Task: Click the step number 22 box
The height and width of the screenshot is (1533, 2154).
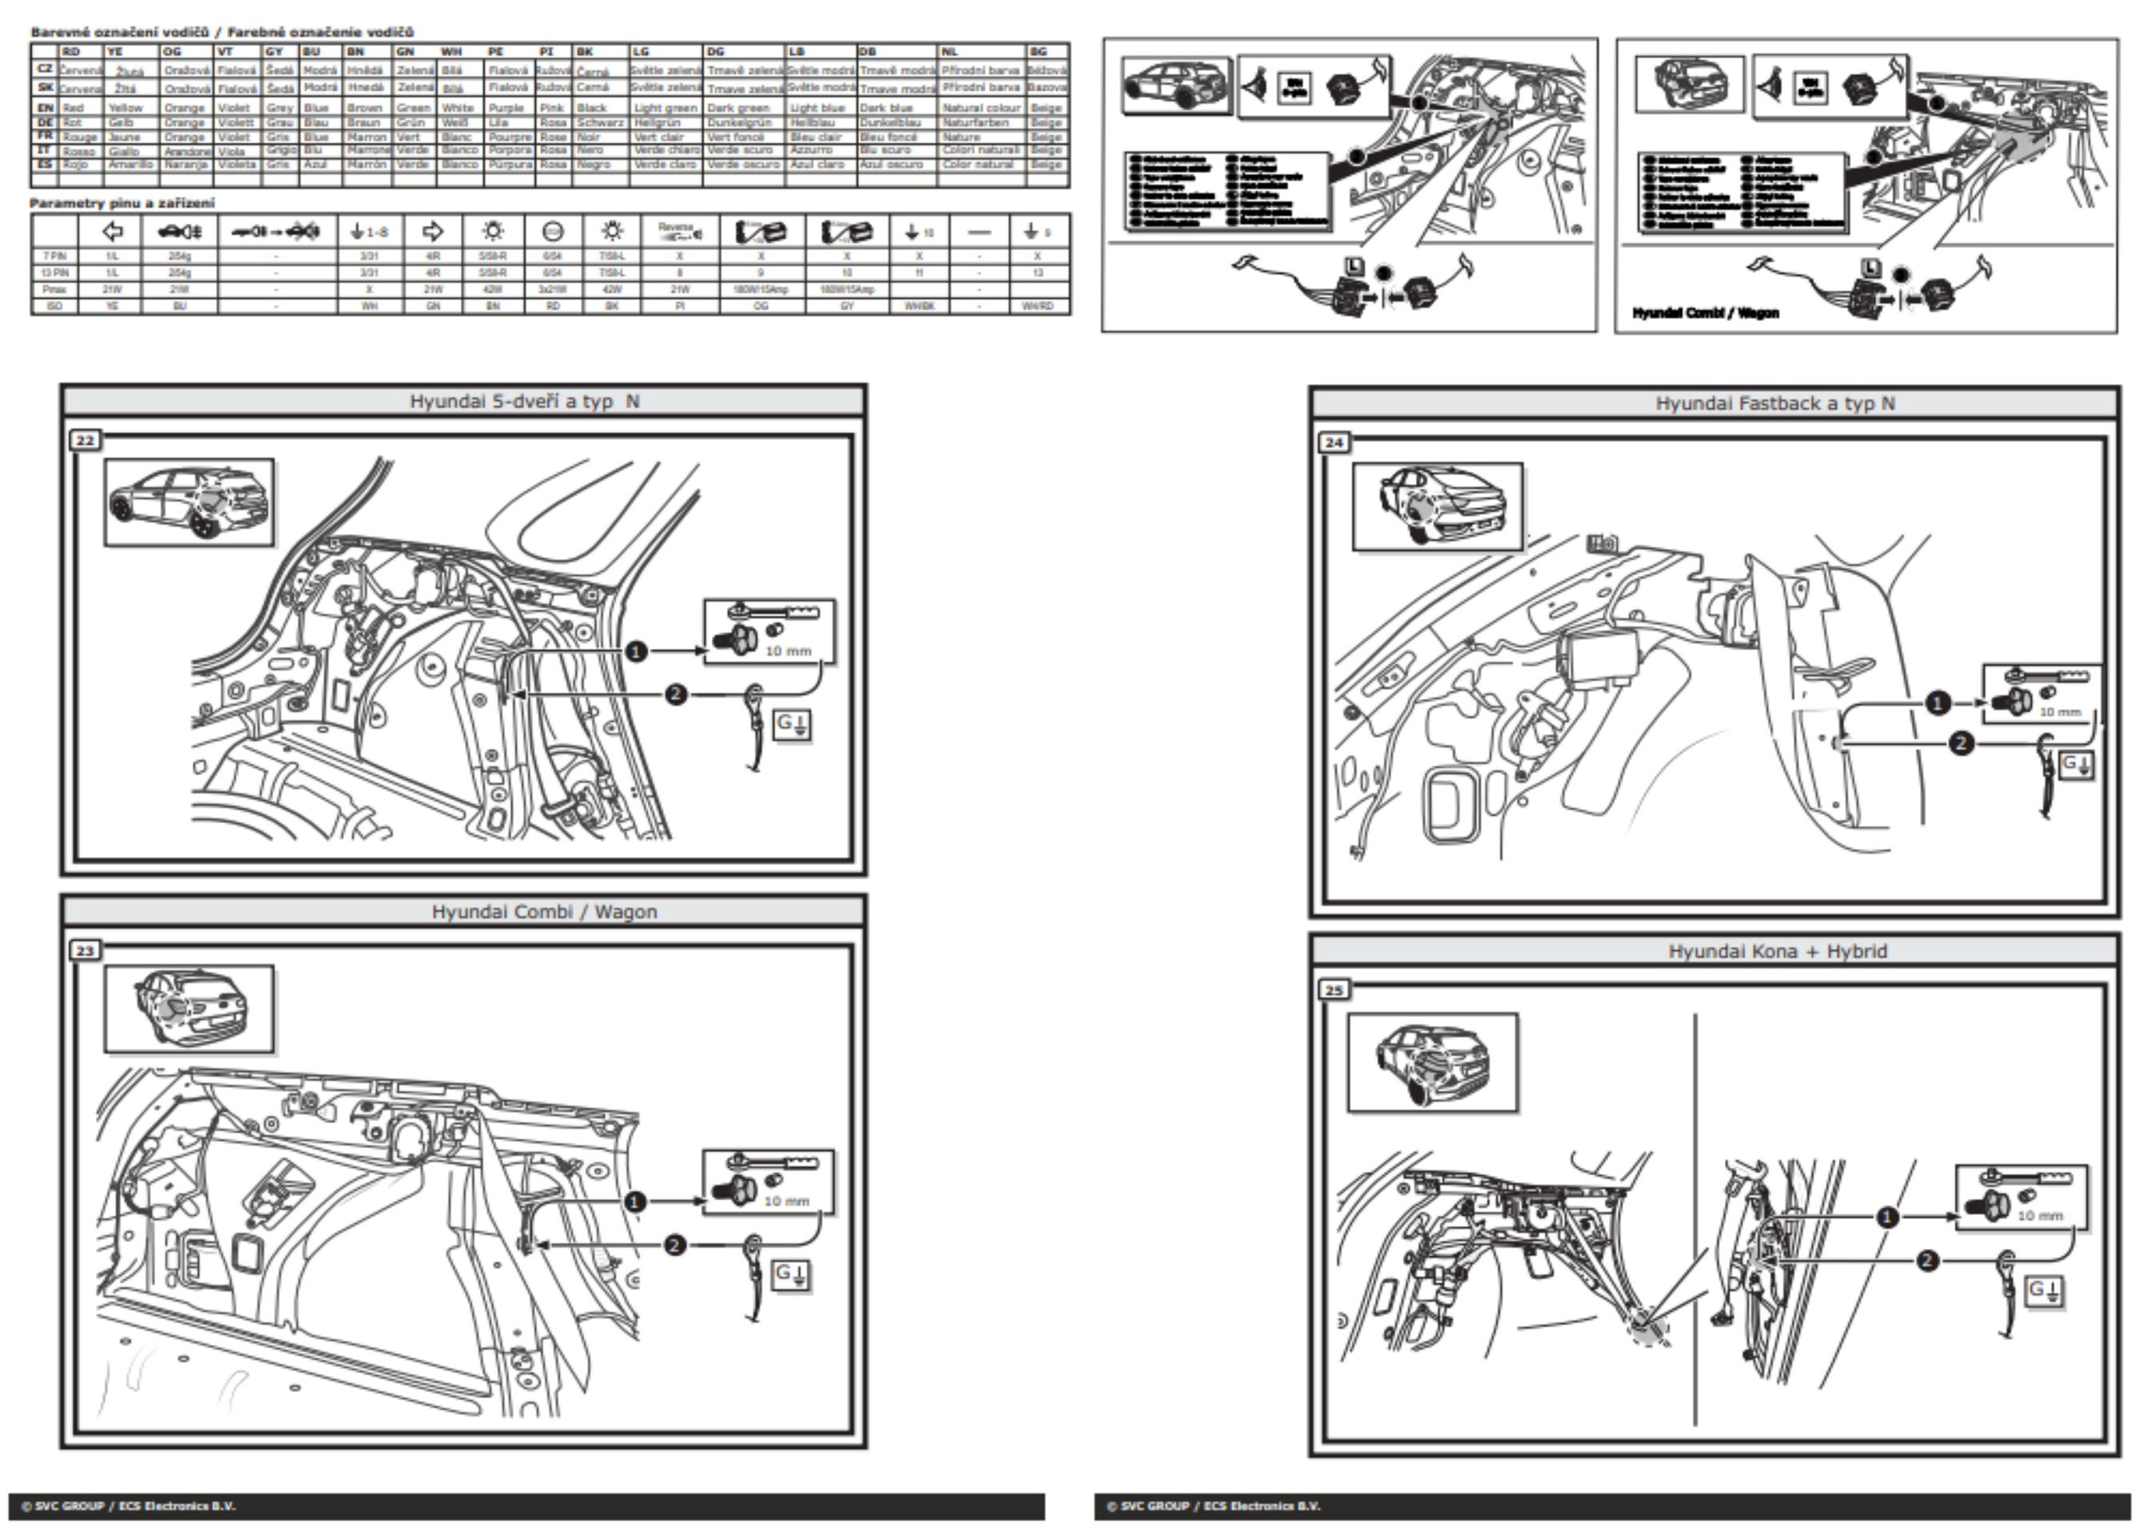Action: (85, 441)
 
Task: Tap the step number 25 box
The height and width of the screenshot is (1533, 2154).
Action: (1333, 990)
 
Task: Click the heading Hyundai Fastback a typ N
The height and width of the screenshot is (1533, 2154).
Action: (1774, 404)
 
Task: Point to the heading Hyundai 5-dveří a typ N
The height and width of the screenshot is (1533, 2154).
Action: (524, 401)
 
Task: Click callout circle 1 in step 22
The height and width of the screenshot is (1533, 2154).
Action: (637, 652)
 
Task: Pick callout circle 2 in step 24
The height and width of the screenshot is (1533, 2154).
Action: (1961, 744)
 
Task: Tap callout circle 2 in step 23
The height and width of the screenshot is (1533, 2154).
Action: (674, 1246)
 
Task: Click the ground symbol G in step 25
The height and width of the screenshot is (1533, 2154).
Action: (2045, 1290)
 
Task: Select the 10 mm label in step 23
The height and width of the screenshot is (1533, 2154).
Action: (787, 1201)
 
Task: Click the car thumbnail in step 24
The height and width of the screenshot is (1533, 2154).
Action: (1437, 507)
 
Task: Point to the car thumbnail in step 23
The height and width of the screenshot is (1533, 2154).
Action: (189, 1008)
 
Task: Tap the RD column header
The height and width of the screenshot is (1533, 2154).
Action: (71, 52)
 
